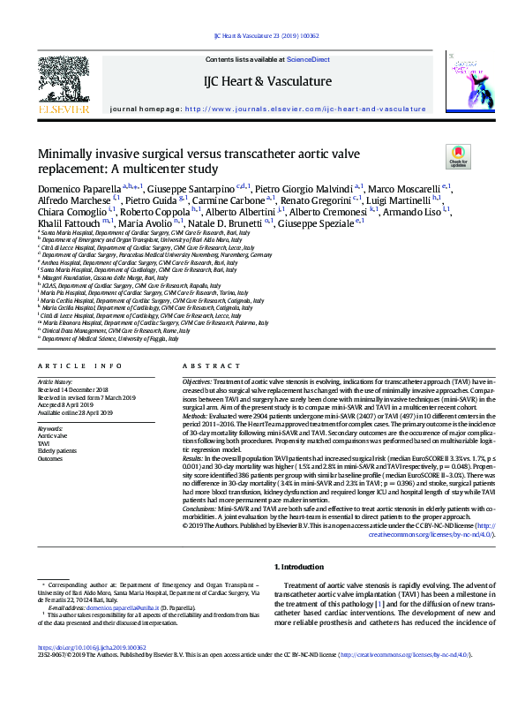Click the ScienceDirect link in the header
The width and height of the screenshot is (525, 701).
pyautogui.click(x=309, y=59)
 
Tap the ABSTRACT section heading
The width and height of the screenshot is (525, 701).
pyautogui.click(x=206, y=366)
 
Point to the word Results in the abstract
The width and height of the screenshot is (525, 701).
pyautogui.click(x=196, y=459)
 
